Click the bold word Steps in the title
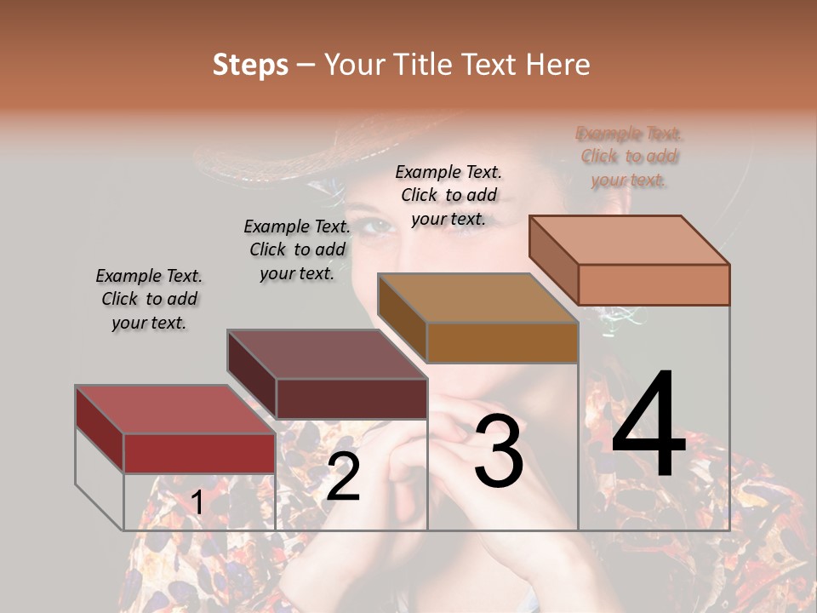click(x=250, y=65)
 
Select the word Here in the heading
click(x=558, y=65)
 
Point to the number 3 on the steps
click(x=499, y=451)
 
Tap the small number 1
click(x=197, y=503)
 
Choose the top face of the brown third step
click(x=477, y=298)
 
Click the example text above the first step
click(x=149, y=299)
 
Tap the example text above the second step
click(x=297, y=249)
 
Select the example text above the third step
click(x=448, y=195)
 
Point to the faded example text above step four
click(x=629, y=156)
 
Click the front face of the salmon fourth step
click(x=654, y=284)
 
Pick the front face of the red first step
click(x=199, y=453)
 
